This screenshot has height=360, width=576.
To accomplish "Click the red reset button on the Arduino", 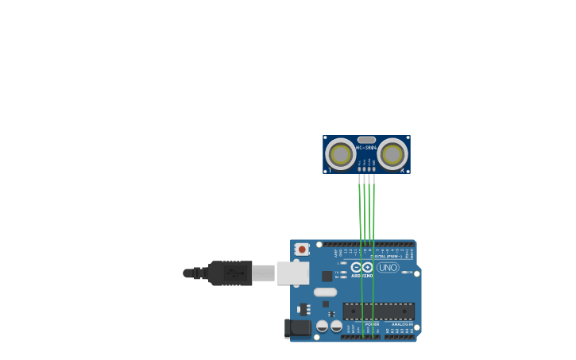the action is coord(302,249).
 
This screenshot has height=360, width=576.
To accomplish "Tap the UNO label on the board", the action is coord(388,268).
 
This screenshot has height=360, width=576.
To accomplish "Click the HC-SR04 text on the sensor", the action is coord(366,148).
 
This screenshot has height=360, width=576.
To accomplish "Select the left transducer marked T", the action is coord(341,154).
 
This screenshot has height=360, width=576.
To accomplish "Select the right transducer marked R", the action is coord(392,154).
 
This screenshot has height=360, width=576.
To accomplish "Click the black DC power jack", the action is coord(298,327).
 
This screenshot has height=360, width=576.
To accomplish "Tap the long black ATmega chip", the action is coord(378,311).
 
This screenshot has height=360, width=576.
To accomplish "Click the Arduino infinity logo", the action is coord(362,268).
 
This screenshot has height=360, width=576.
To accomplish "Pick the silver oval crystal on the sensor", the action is coord(366,140).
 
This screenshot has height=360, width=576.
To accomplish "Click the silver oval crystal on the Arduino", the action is coord(325,292).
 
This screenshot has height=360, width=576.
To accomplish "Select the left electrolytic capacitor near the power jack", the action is coord(323,326).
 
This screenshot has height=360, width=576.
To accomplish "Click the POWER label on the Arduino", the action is coord(371,324).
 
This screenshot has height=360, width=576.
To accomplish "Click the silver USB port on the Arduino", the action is coord(292,273).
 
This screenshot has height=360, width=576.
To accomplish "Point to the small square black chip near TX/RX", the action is coord(327,276).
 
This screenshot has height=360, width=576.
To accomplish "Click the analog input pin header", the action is coord(399,337).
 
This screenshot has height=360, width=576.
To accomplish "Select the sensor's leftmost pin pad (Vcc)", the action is coord(359,168).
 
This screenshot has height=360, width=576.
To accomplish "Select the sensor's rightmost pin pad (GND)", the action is coord(373,168).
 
